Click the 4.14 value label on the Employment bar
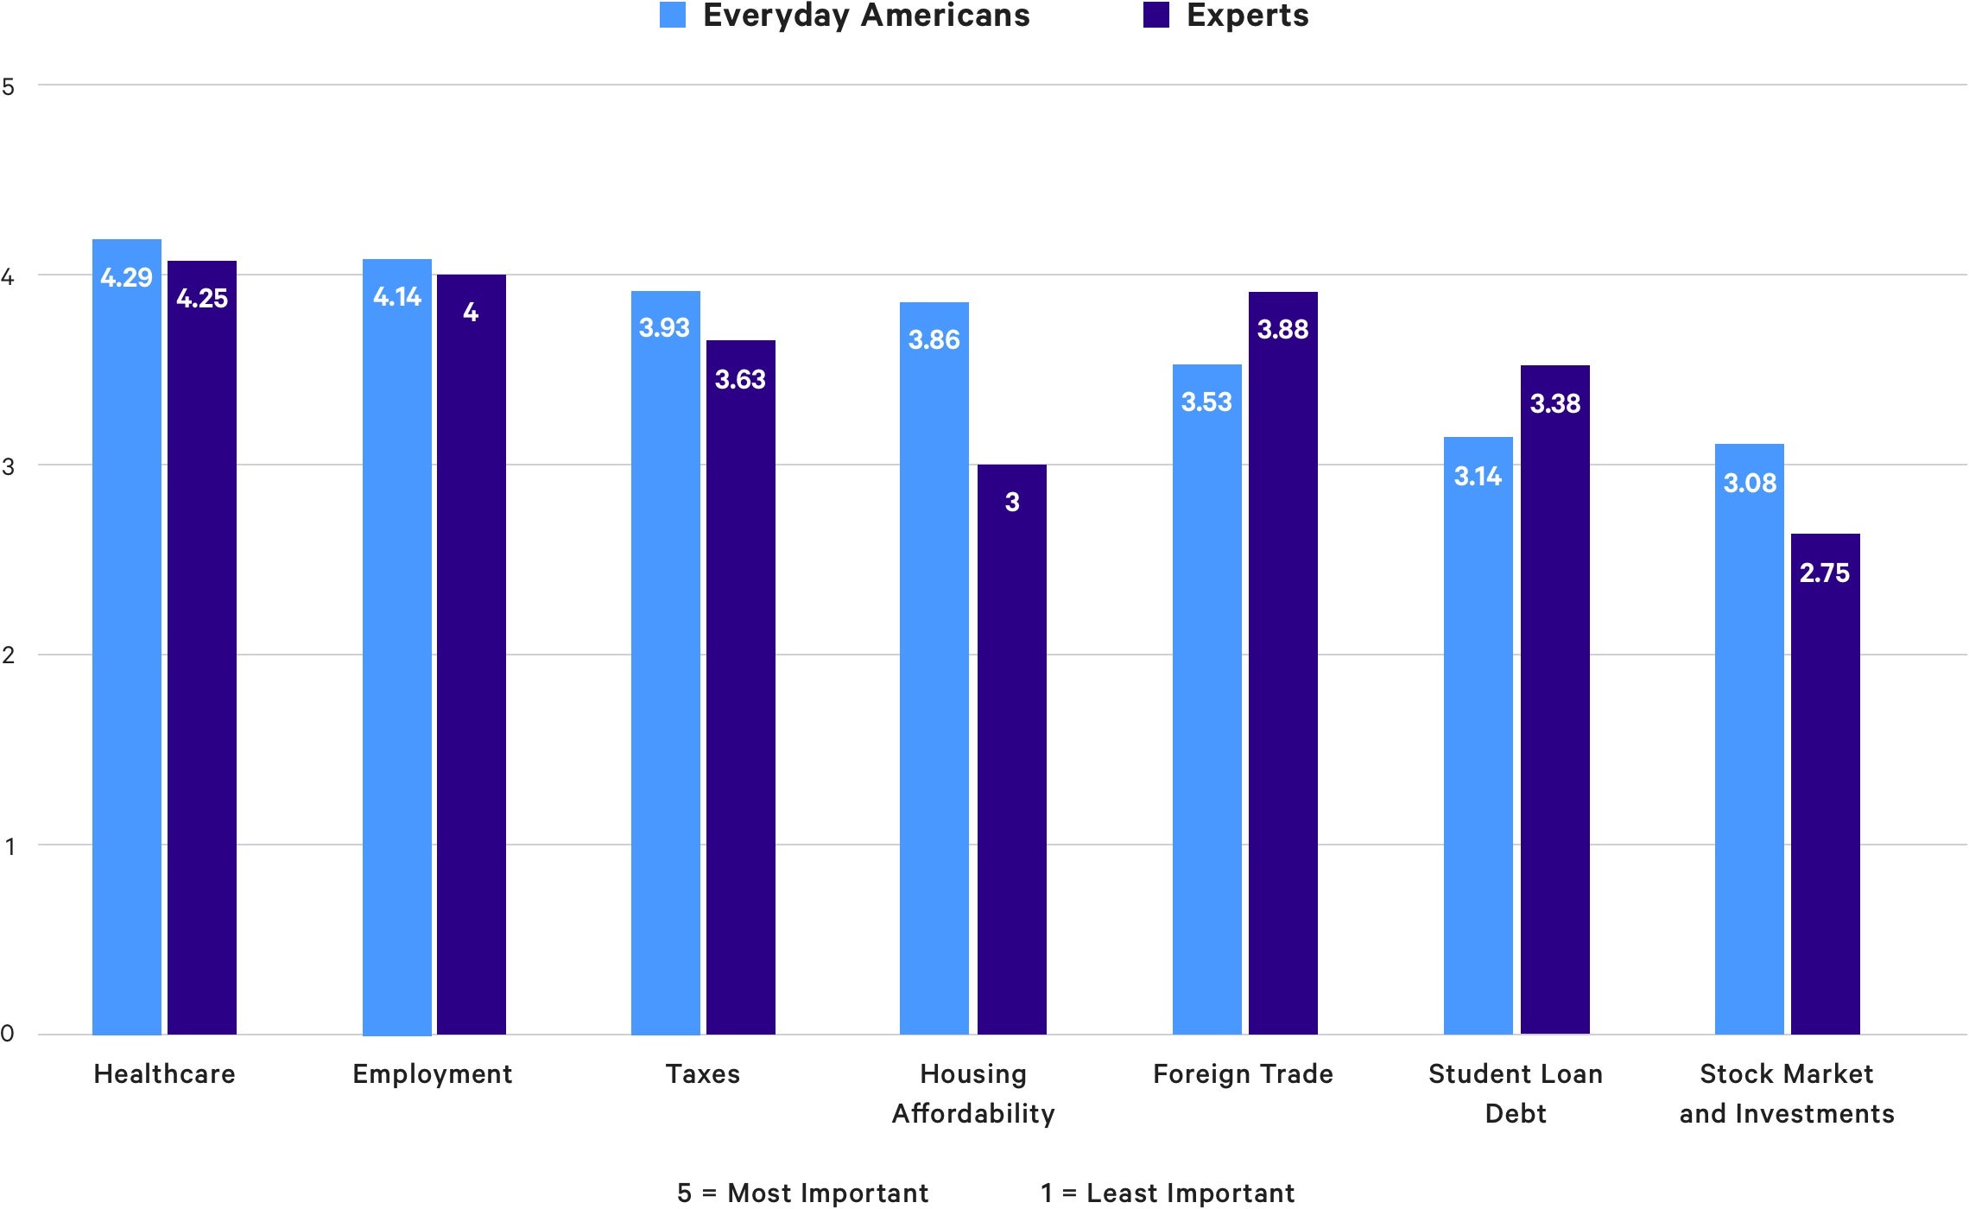[x=397, y=297]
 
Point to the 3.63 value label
[x=740, y=379]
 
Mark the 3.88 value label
[x=1282, y=329]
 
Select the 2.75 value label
[x=1825, y=573]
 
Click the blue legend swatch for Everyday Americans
[x=673, y=15]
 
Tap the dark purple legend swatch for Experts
[x=1155, y=15]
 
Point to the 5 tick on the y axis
[x=9, y=86]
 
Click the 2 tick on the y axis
[x=9, y=655]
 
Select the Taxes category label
[x=703, y=1074]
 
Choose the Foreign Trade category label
[x=1243, y=1074]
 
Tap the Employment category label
[x=433, y=1074]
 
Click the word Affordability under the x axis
[x=973, y=1114]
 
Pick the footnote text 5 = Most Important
[x=802, y=1193]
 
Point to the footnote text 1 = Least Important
[x=1168, y=1193]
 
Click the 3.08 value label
[x=1750, y=483]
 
